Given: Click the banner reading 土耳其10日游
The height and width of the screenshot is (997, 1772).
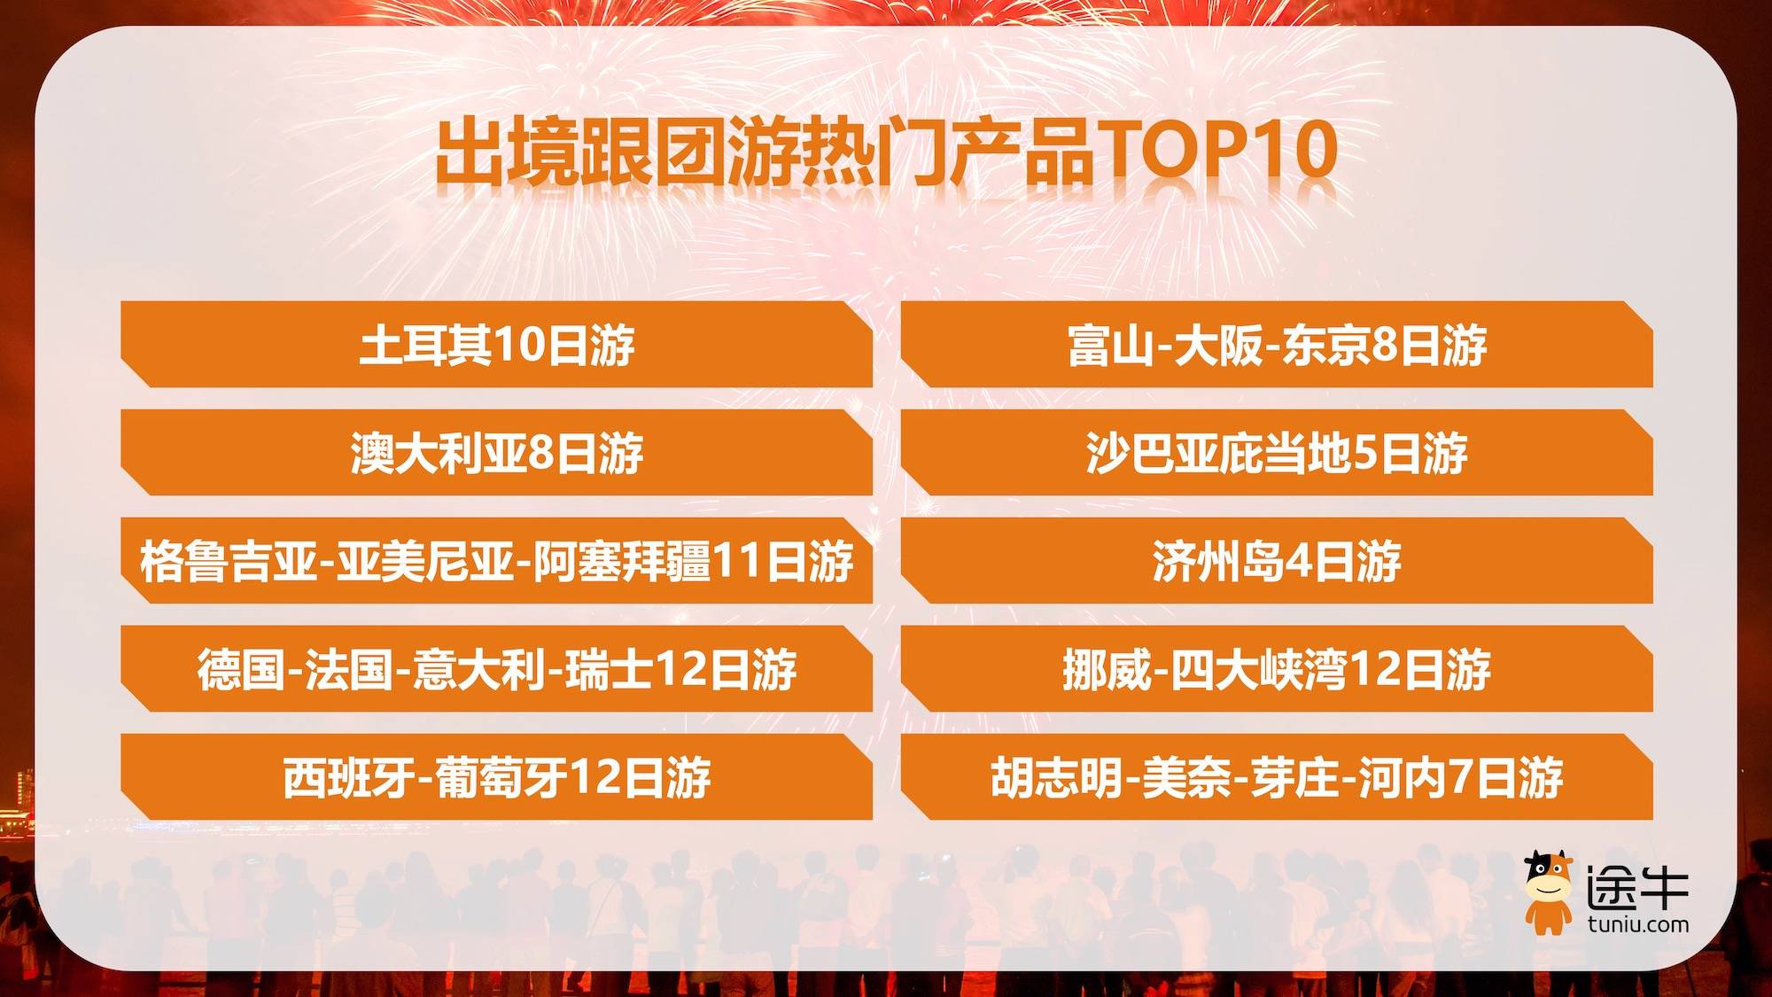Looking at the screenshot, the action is point(496,344).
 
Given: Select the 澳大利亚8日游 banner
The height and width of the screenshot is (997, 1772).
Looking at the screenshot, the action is point(496,452).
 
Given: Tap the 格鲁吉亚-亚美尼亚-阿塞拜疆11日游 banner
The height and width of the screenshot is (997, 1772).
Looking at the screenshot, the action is point(496,560).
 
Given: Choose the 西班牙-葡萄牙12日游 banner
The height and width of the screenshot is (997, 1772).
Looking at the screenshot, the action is point(496,776).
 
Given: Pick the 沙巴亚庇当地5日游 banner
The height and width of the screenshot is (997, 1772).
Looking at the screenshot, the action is point(1277,452).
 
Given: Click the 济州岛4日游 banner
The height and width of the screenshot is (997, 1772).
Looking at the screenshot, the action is point(1277,560).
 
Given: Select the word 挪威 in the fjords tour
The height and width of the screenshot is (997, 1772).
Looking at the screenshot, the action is point(1107,669).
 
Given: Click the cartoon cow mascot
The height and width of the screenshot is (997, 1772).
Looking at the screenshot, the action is point(1548,892).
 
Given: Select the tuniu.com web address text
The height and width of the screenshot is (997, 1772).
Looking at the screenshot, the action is point(1638,924).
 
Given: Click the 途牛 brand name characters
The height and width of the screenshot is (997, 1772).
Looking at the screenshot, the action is point(1637,886).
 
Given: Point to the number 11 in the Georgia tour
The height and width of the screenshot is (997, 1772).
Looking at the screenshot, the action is point(737,561).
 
